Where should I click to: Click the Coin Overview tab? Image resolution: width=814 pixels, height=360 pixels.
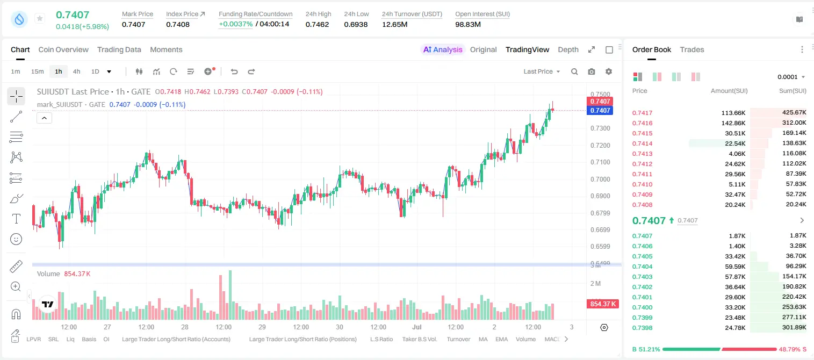click(63, 49)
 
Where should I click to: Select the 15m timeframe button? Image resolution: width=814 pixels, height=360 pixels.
click(37, 71)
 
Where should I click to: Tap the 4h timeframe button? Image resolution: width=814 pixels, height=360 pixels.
click(76, 71)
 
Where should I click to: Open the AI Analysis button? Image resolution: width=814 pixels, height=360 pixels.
click(443, 49)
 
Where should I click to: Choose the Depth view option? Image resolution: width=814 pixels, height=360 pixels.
click(568, 49)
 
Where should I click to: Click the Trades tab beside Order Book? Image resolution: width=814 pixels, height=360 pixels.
click(692, 49)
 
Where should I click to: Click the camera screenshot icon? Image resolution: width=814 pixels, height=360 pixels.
click(592, 71)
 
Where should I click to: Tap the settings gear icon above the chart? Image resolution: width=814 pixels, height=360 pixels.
click(609, 71)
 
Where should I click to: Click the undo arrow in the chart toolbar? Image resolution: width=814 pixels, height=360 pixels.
click(234, 71)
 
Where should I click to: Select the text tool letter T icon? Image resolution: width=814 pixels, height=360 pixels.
click(16, 219)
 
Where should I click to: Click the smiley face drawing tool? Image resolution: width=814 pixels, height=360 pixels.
click(16, 239)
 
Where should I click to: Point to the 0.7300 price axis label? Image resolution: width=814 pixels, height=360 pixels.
click(600, 128)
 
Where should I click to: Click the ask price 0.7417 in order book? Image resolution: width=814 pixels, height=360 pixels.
click(642, 113)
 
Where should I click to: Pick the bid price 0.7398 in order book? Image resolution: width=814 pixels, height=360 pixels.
click(642, 328)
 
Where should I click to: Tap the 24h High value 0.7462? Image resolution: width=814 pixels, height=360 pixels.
click(317, 24)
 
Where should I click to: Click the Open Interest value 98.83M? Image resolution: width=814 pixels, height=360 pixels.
click(468, 24)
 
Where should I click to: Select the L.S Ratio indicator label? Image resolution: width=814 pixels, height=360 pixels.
click(381, 339)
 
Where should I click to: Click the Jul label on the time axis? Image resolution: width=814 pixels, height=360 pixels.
click(417, 327)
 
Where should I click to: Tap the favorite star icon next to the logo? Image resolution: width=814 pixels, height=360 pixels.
click(40, 18)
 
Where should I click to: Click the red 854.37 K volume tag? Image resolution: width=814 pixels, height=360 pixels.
click(603, 304)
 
